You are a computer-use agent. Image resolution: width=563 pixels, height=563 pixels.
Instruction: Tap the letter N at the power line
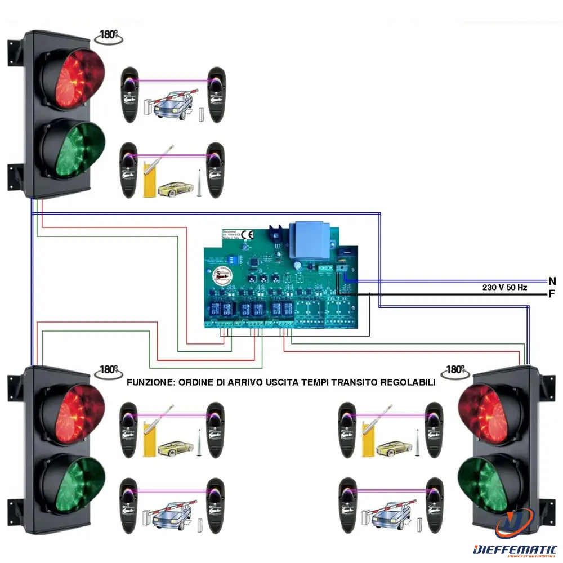[552, 280]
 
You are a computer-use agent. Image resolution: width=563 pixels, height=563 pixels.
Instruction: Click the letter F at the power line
[552, 293]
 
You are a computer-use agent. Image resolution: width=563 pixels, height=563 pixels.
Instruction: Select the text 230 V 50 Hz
[504, 287]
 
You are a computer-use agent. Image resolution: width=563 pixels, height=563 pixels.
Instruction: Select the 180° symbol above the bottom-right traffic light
[455, 370]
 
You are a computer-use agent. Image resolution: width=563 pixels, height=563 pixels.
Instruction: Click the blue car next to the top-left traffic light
[171, 105]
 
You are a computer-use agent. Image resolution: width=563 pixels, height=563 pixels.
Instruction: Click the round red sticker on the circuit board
[222, 276]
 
